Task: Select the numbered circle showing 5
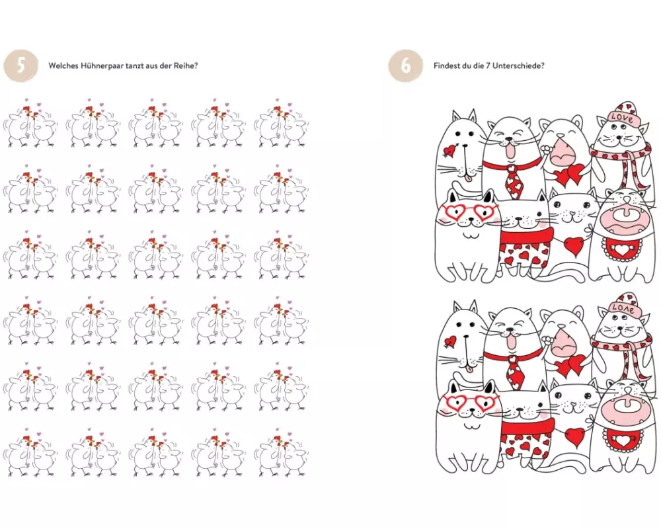[21, 66]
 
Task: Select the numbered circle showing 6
[406, 66]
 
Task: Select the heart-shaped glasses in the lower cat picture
[467, 401]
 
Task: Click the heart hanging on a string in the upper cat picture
[574, 247]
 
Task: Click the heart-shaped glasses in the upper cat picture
[467, 212]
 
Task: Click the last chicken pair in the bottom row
[282, 453]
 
